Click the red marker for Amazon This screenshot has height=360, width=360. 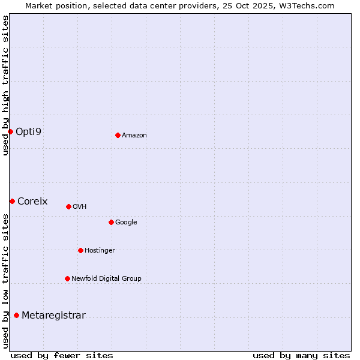(x=118, y=135)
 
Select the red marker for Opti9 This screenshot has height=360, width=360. (x=10, y=131)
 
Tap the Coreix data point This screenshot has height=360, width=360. (x=12, y=201)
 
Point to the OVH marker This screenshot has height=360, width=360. (x=68, y=206)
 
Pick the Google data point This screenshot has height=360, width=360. (x=111, y=222)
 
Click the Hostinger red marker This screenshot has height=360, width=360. (x=80, y=250)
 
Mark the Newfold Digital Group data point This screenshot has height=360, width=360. (x=67, y=278)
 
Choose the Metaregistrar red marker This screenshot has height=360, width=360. (x=16, y=315)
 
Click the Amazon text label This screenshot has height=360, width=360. (x=134, y=136)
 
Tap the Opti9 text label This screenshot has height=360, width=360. (x=28, y=131)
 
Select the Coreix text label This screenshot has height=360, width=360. (x=32, y=202)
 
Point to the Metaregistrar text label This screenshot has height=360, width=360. (x=53, y=316)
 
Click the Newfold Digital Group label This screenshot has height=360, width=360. (x=106, y=278)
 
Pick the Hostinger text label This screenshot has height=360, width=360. (x=100, y=251)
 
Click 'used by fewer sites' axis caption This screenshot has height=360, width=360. (x=62, y=355)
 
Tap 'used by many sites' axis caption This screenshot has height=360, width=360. (x=301, y=355)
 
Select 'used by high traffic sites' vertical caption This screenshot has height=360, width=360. (x=5, y=85)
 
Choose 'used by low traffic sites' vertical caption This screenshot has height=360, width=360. (x=5, y=280)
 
